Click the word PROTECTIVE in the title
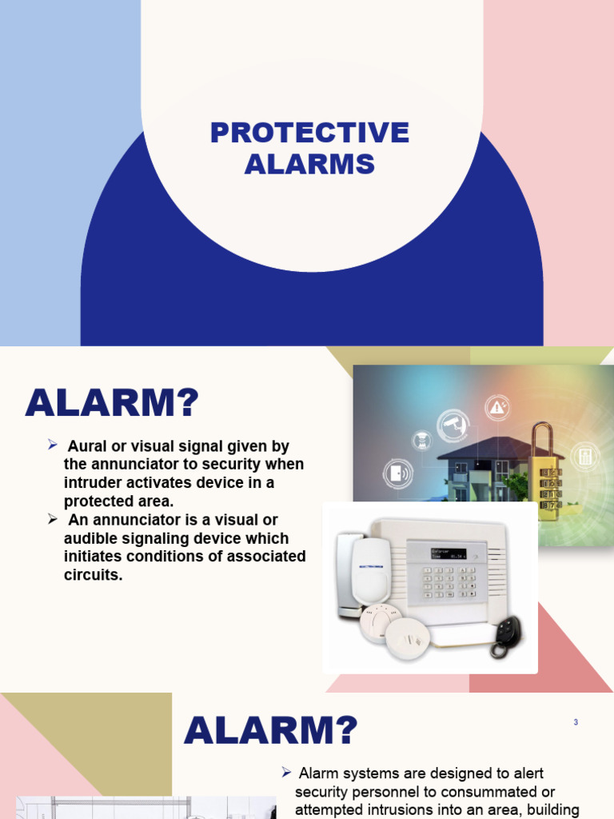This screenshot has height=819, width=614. (309, 133)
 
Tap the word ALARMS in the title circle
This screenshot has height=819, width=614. (309, 164)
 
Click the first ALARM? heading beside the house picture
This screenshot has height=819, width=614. (112, 403)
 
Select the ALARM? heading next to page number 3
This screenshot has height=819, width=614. (271, 730)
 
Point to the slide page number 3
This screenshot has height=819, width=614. (576, 722)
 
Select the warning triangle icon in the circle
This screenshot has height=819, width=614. (497, 408)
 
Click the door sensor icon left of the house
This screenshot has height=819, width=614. (397, 473)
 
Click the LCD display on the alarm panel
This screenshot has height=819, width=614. (449, 553)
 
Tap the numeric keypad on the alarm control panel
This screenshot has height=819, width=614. (449, 581)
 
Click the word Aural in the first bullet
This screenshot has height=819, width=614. (86, 446)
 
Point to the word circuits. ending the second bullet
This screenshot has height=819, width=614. (93, 574)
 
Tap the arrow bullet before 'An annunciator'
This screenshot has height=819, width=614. (53, 519)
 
